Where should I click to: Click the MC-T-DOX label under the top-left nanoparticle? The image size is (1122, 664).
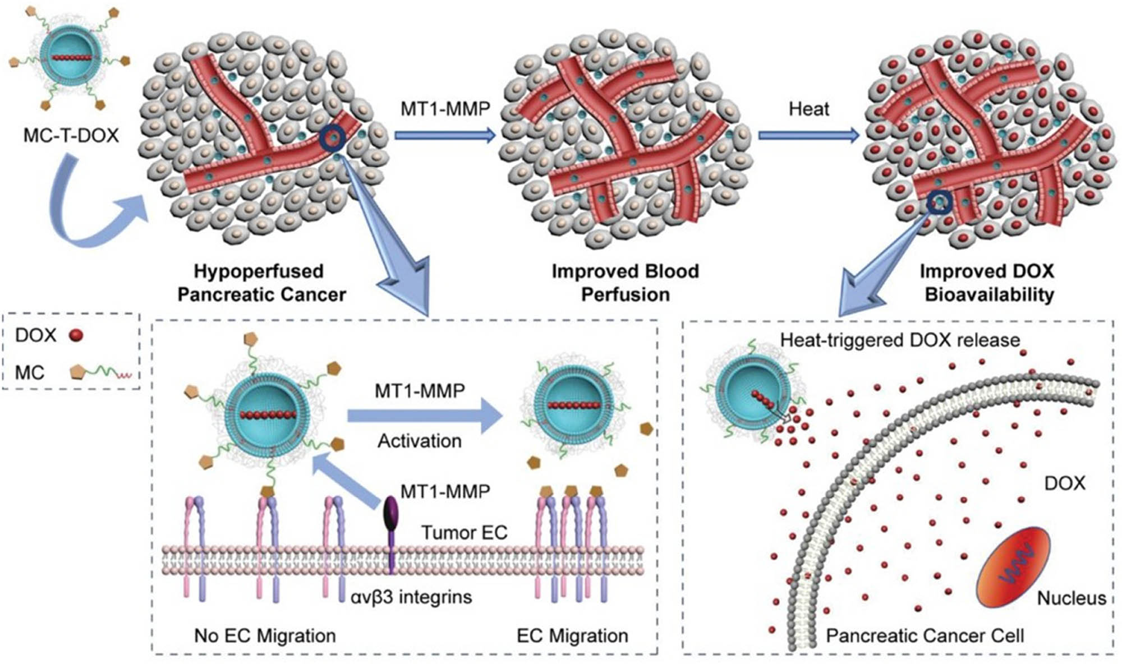click(x=71, y=135)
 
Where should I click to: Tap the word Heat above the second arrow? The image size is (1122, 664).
click(x=808, y=108)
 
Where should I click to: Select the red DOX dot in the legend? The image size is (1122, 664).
click(x=76, y=335)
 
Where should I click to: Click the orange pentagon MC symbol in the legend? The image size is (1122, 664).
click(x=77, y=372)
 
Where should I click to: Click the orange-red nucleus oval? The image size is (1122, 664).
click(x=1013, y=566)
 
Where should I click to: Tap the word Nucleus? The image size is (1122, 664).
click(x=1071, y=598)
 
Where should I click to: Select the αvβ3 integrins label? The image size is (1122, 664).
click(x=411, y=597)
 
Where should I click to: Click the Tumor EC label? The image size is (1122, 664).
click(x=464, y=532)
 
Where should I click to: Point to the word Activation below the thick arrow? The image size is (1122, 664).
click(x=419, y=441)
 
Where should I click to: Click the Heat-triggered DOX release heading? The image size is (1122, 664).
click(x=900, y=340)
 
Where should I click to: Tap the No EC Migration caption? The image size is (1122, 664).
click(x=265, y=635)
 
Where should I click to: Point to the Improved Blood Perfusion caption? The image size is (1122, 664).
click(x=625, y=283)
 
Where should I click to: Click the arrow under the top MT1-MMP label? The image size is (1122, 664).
click(x=445, y=135)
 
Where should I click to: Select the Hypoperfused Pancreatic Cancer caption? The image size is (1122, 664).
click(x=261, y=283)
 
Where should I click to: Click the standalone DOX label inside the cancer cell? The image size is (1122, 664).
click(x=1064, y=483)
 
